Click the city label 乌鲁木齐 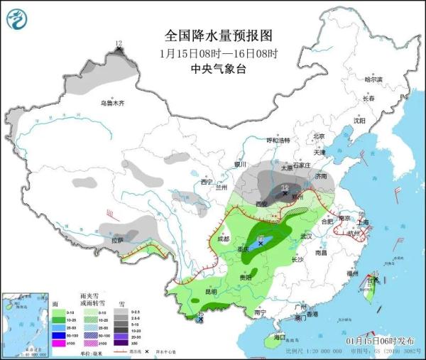pos(111,104)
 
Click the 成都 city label pos(224,239)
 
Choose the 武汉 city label pos(307,236)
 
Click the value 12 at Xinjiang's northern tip pos(119,44)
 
